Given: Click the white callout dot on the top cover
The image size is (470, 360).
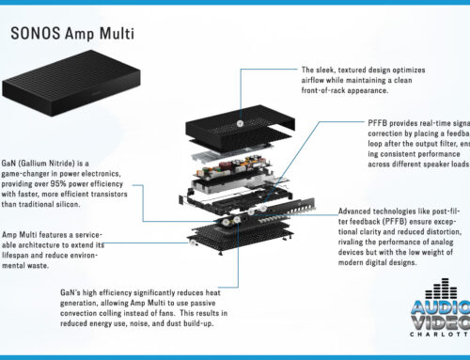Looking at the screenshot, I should coord(242,123).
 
